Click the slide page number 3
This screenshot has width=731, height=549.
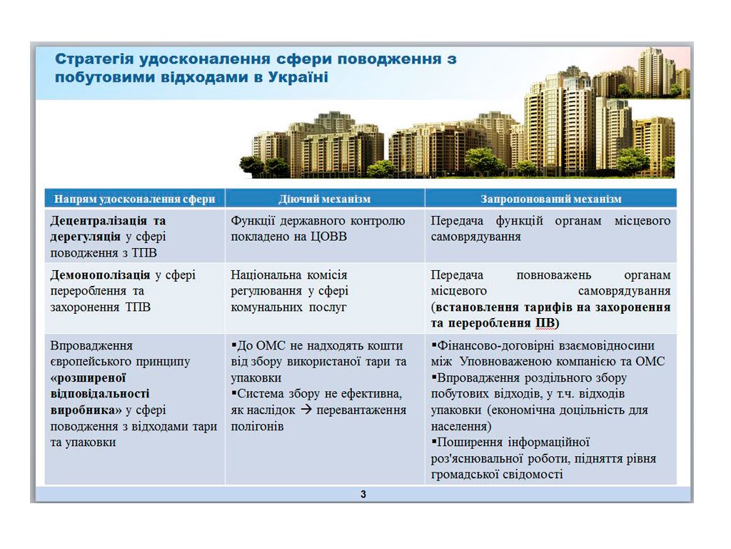pos(363,495)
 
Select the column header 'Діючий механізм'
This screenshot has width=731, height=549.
pos(324,199)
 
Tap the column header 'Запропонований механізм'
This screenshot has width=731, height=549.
pos(550,199)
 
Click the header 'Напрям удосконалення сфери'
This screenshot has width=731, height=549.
pos(134,199)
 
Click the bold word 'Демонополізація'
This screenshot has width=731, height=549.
pos(100,274)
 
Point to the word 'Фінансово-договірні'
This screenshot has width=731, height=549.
pos(485,345)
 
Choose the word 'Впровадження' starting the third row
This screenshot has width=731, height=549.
pos(91,345)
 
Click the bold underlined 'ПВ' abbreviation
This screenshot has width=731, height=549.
pos(544,323)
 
